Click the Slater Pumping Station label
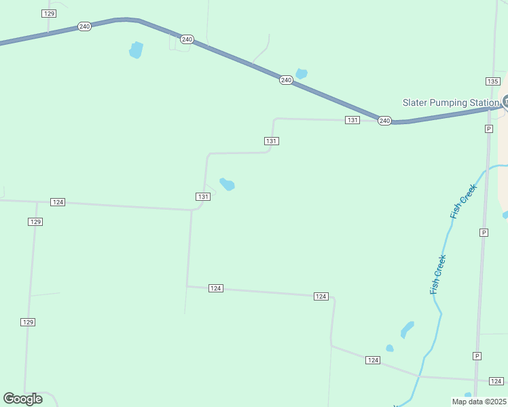[x=450, y=103]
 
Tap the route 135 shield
[x=493, y=81]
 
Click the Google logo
[x=22, y=399]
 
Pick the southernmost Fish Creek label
[x=438, y=274]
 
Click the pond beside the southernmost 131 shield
[x=228, y=185]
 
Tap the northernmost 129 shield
[x=48, y=14]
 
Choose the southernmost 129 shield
[x=28, y=322]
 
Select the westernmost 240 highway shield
[x=84, y=26]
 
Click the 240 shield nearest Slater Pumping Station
[x=384, y=121]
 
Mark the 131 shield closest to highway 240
[x=352, y=120]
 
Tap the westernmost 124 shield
[x=58, y=202]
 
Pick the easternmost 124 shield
[x=496, y=381]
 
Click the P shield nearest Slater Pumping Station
[x=488, y=129]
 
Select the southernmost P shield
[x=477, y=356]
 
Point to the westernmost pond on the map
[x=137, y=50]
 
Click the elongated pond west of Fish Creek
[x=407, y=330]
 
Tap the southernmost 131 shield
[x=203, y=196]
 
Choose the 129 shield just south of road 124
[x=36, y=222]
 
